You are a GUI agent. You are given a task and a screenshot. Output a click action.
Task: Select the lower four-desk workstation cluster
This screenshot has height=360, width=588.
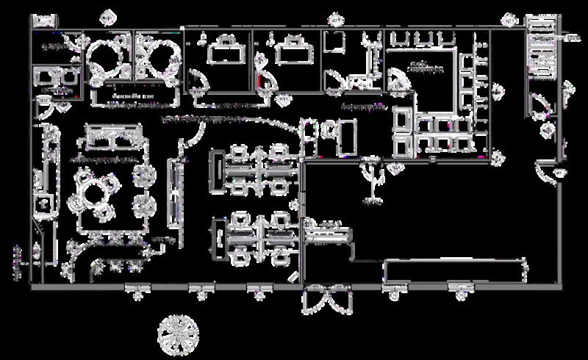[x=257, y=237]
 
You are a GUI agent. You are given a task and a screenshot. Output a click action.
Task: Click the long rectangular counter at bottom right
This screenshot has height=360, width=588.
[x=456, y=270]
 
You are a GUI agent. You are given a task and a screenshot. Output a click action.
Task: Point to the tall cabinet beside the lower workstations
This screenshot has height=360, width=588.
[x=217, y=237]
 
